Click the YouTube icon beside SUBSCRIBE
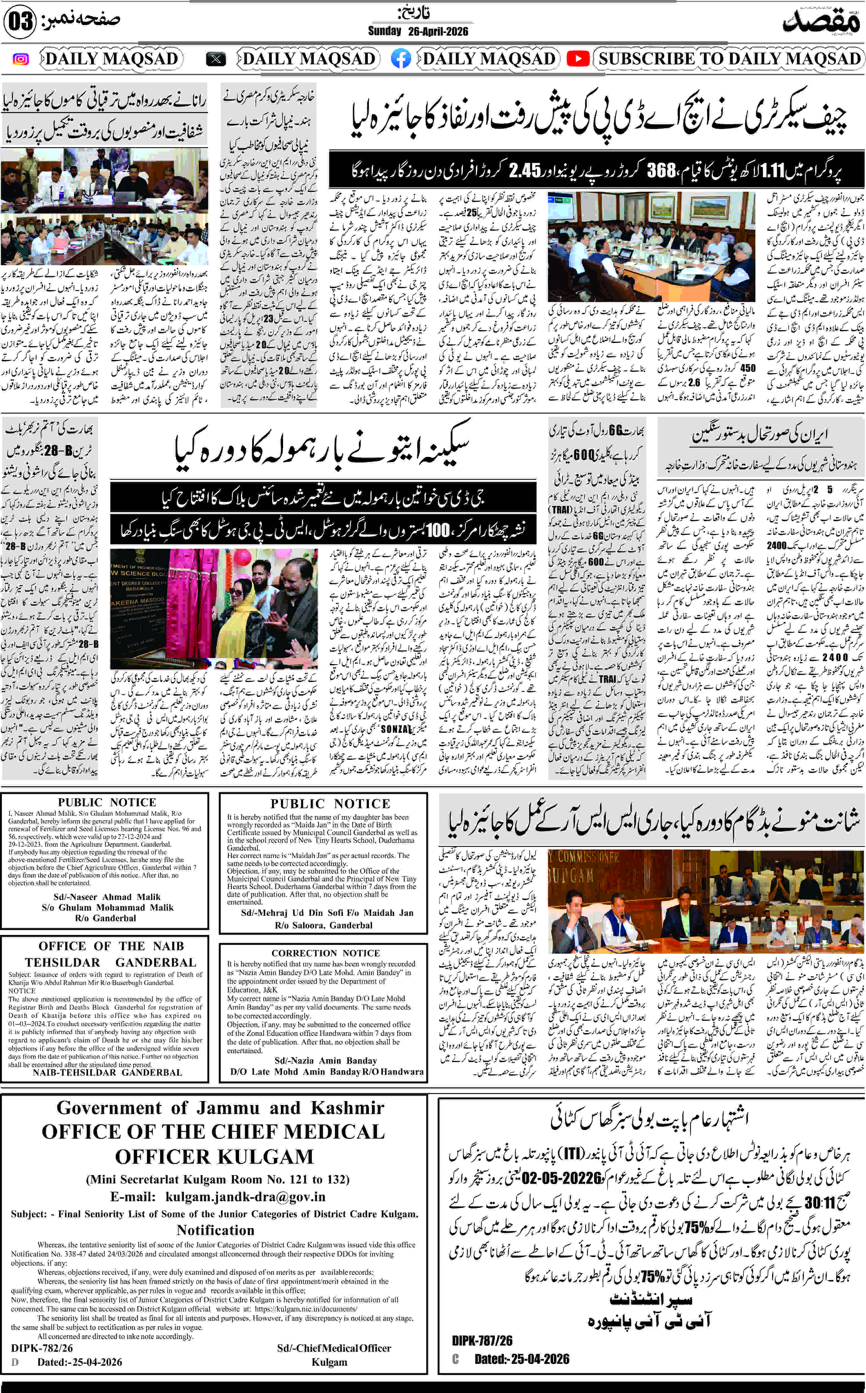pyautogui.click(x=578, y=59)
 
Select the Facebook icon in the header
pyautogui.click(x=401, y=59)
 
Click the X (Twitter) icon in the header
pyautogui.click(x=216, y=59)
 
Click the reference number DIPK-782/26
pyautogui.click(x=42, y=1348)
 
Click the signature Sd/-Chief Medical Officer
pyautogui.click(x=334, y=1348)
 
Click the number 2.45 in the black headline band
pyautogui.click(x=525, y=170)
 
